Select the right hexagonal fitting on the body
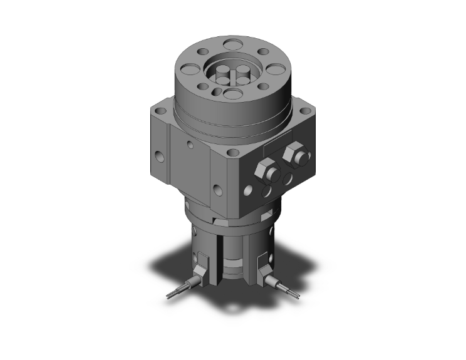click(x=292, y=153)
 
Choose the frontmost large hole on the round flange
click(x=232, y=95)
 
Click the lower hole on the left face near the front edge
click(x=217, y=187)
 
